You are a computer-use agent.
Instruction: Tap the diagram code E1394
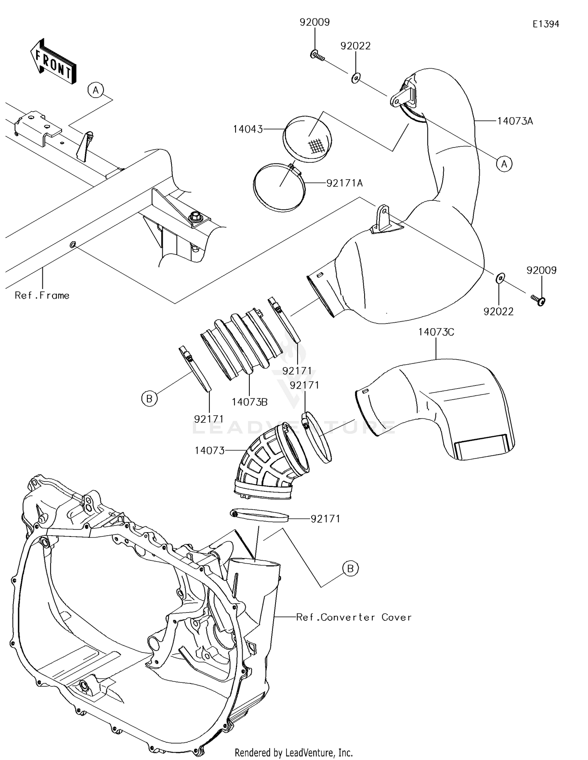[x=546, y=24]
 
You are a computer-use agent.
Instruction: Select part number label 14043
[x=248, y=129]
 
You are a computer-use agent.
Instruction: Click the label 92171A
[x=345, y=183]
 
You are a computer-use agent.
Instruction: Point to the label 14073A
[x=515, y=121]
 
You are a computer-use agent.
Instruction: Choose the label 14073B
[x=249, y=402]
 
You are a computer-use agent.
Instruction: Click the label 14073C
[x=436, y=332]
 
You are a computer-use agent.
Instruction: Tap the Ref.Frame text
[x=42, y=295]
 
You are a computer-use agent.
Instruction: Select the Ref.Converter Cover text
[x=354, y=617]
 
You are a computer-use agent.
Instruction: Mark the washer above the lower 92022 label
[x=500, y=278]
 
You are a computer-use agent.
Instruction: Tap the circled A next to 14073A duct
[x=504, y=164]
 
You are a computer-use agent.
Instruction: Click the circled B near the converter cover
[x=350, y=568]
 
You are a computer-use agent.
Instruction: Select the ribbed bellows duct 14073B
[x=241, y=344]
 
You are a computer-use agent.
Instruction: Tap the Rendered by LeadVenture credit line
[x=294, y=752]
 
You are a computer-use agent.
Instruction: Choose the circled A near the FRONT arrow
[x=96, y=90]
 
